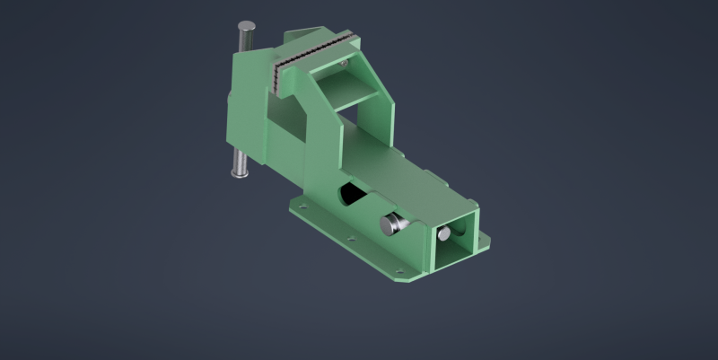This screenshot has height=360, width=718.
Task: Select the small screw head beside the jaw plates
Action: pos(344,64)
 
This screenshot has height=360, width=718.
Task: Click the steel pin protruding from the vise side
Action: pos(392,224)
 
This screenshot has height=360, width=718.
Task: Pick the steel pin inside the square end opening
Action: pos(444,234)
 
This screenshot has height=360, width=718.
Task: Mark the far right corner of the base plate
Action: pos(489,239)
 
